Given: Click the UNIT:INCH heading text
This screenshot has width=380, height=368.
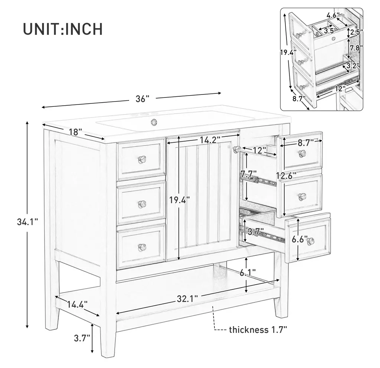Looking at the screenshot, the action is pos(63,29).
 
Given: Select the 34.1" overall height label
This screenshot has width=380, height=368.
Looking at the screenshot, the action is pos(27,222).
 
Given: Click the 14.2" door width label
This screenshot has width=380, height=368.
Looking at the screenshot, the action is pos(210,140).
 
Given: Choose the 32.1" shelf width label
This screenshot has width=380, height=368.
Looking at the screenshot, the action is pos(187,299).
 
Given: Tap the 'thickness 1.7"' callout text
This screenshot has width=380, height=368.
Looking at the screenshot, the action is pos(258,330).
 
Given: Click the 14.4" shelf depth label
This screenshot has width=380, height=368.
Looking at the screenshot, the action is pos(77,304).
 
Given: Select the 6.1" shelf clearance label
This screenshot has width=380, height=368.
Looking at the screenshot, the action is pos(248,273).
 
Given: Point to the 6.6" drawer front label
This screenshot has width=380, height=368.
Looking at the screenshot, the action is pos(300,239).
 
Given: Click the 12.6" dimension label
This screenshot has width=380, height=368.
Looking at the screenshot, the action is pos(288,176).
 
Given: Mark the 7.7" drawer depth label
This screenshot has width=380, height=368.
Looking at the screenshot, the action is pos(249,173).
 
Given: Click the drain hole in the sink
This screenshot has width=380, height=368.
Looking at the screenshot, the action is pos(153,121).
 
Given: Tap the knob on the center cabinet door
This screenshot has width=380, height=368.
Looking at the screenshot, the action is pos(237,149).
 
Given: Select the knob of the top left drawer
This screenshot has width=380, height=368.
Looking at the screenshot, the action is pos(142,159).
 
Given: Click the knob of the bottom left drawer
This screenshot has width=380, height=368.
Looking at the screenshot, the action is pos(142,247).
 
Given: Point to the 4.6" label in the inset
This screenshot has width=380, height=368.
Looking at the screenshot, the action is pos(333,15).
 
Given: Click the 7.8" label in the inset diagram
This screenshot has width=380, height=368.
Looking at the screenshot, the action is pos(356,48).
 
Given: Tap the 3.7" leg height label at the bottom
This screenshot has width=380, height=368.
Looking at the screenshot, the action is pos(82,338).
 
